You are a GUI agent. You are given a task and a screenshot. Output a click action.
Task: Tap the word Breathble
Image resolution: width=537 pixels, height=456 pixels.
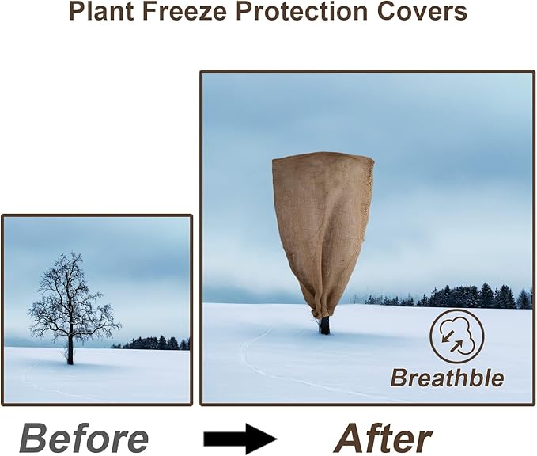(447, 378)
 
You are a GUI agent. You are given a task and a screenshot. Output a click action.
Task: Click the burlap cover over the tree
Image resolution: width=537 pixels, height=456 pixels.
(323, 222)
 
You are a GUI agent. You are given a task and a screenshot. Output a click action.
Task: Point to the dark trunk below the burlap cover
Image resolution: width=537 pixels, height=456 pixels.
(324, 325)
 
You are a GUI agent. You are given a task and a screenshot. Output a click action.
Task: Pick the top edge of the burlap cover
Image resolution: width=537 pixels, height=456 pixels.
(323, 157)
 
